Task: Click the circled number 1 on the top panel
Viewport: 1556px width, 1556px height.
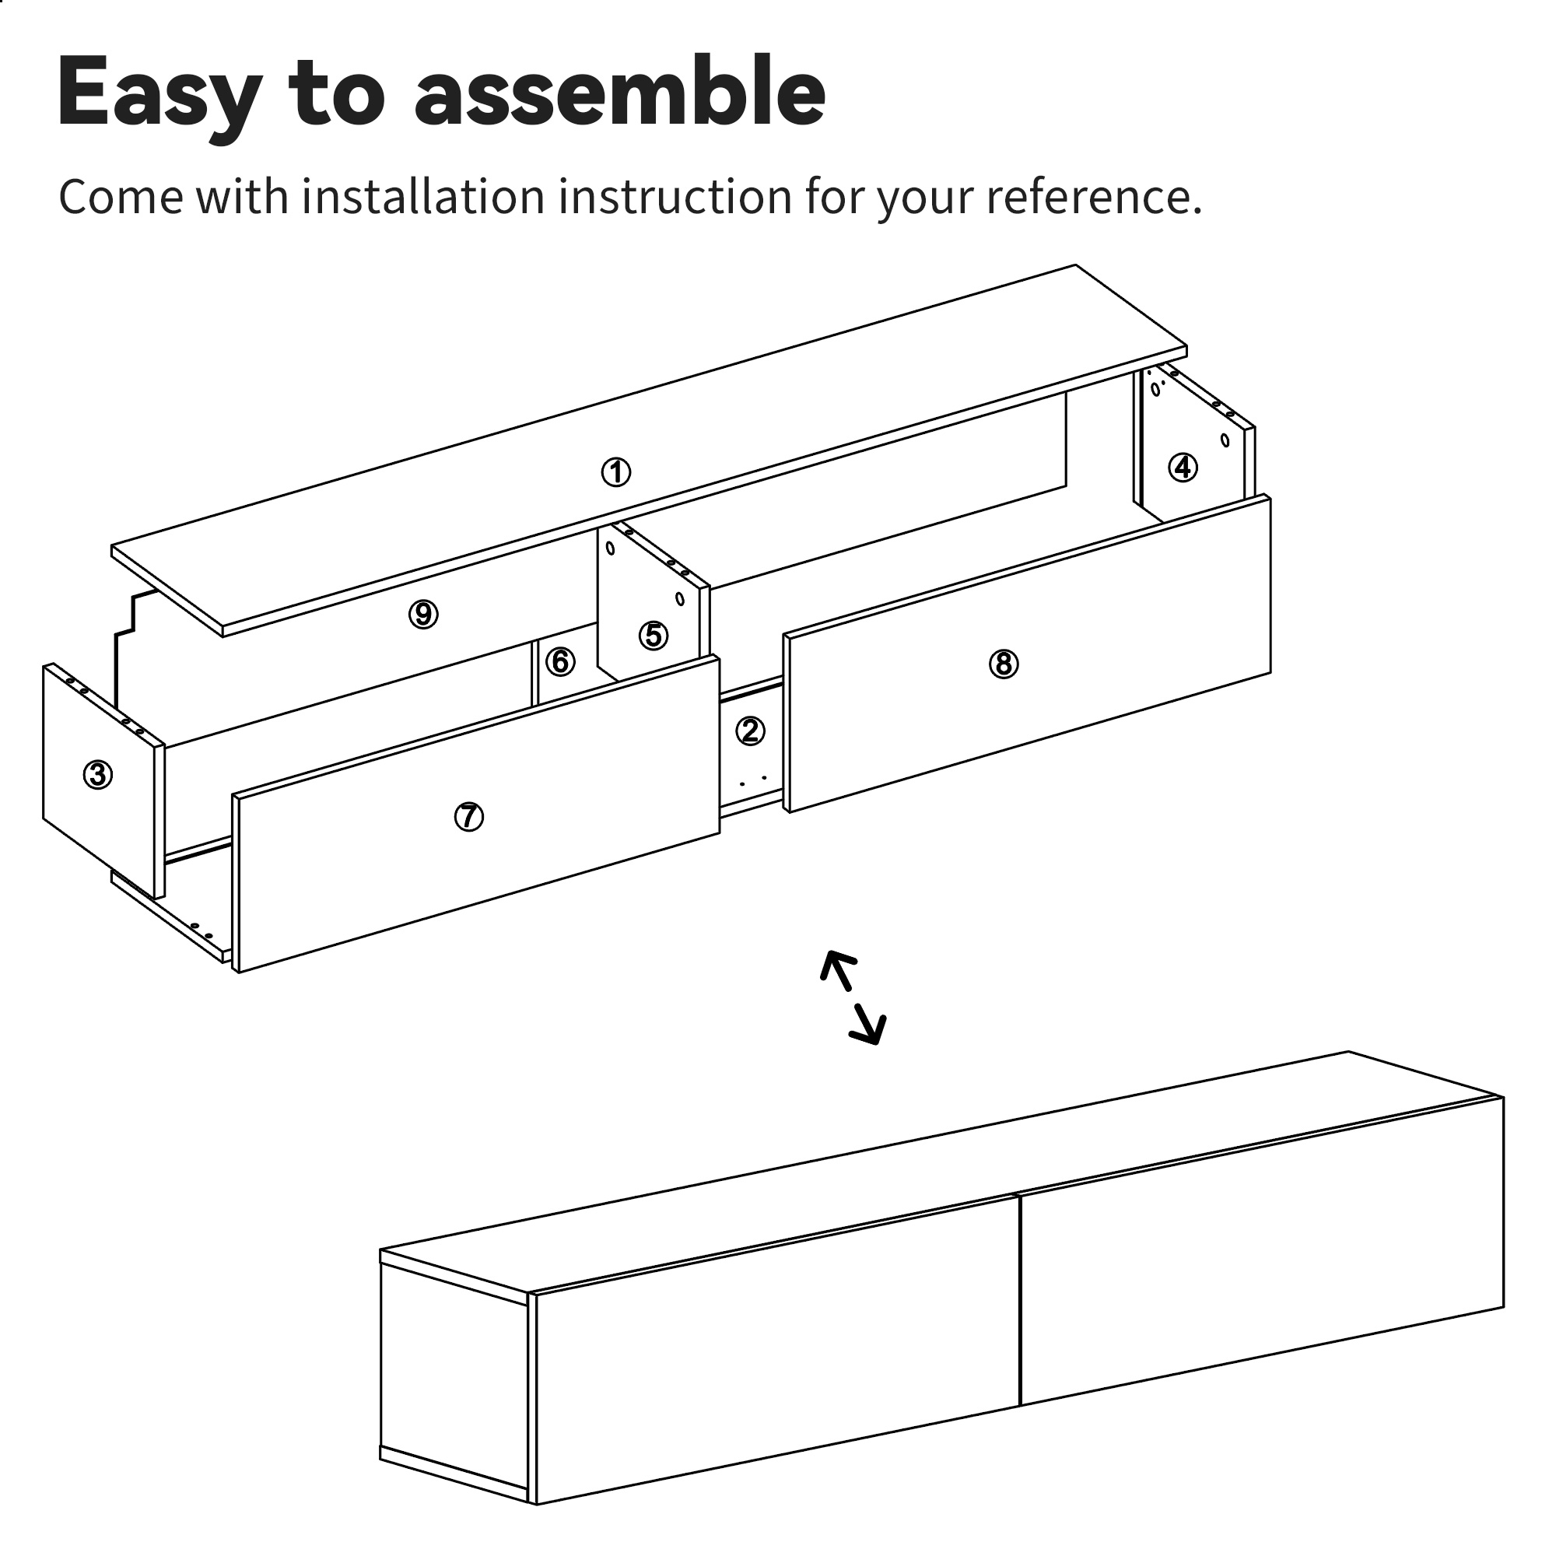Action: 616,472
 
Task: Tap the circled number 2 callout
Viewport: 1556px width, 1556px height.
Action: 750,731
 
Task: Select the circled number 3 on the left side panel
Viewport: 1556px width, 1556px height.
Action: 97,775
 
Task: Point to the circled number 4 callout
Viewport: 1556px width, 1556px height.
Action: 1183,467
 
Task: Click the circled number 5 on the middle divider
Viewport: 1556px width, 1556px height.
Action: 654,636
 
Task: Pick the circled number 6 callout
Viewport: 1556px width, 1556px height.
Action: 560,662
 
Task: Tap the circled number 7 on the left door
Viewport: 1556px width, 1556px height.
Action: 468,817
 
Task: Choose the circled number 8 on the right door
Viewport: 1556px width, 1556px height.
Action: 1004,664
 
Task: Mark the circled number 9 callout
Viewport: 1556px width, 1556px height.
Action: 422,615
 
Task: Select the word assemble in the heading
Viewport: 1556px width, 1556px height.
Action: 620,90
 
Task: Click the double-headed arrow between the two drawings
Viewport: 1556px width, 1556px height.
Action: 853,997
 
